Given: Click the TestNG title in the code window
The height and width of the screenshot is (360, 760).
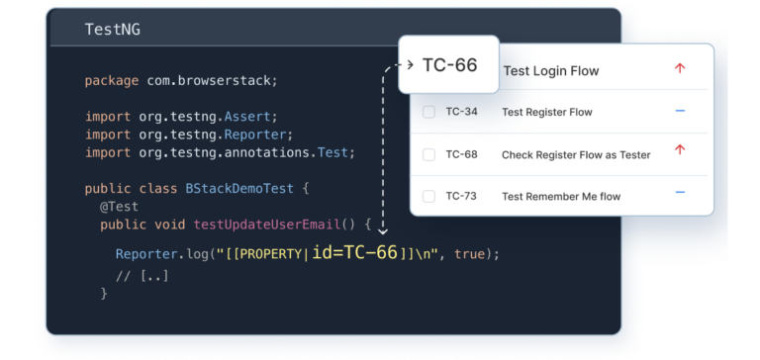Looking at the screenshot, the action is click(112, 29).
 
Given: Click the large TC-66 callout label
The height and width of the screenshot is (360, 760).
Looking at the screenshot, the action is click(449, 65).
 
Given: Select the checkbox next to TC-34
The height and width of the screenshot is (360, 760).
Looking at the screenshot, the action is click(428, 112).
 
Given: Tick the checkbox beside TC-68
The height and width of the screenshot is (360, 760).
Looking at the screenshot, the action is click(428, 154).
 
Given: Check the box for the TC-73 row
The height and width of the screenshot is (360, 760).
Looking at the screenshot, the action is click(428, 196).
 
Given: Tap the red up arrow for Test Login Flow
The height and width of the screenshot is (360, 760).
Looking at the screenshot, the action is click(680, 69).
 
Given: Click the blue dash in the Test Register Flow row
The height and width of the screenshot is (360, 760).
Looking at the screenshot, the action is click(680, 111).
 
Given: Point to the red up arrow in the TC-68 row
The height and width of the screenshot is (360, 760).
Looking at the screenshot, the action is click(680, 150).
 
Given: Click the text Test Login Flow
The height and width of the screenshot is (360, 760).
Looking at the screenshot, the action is click(550, 71).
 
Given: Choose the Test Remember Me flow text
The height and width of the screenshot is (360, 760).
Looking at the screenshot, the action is click(561, 196).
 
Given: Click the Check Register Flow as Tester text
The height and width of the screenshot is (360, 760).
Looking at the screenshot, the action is click(576, 154).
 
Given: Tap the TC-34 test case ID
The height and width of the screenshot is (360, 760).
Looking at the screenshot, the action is click(461, 112).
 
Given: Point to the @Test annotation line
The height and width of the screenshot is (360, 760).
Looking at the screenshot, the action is click(119, 207).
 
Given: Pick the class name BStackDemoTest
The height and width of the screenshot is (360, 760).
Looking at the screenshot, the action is click(237, 188).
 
